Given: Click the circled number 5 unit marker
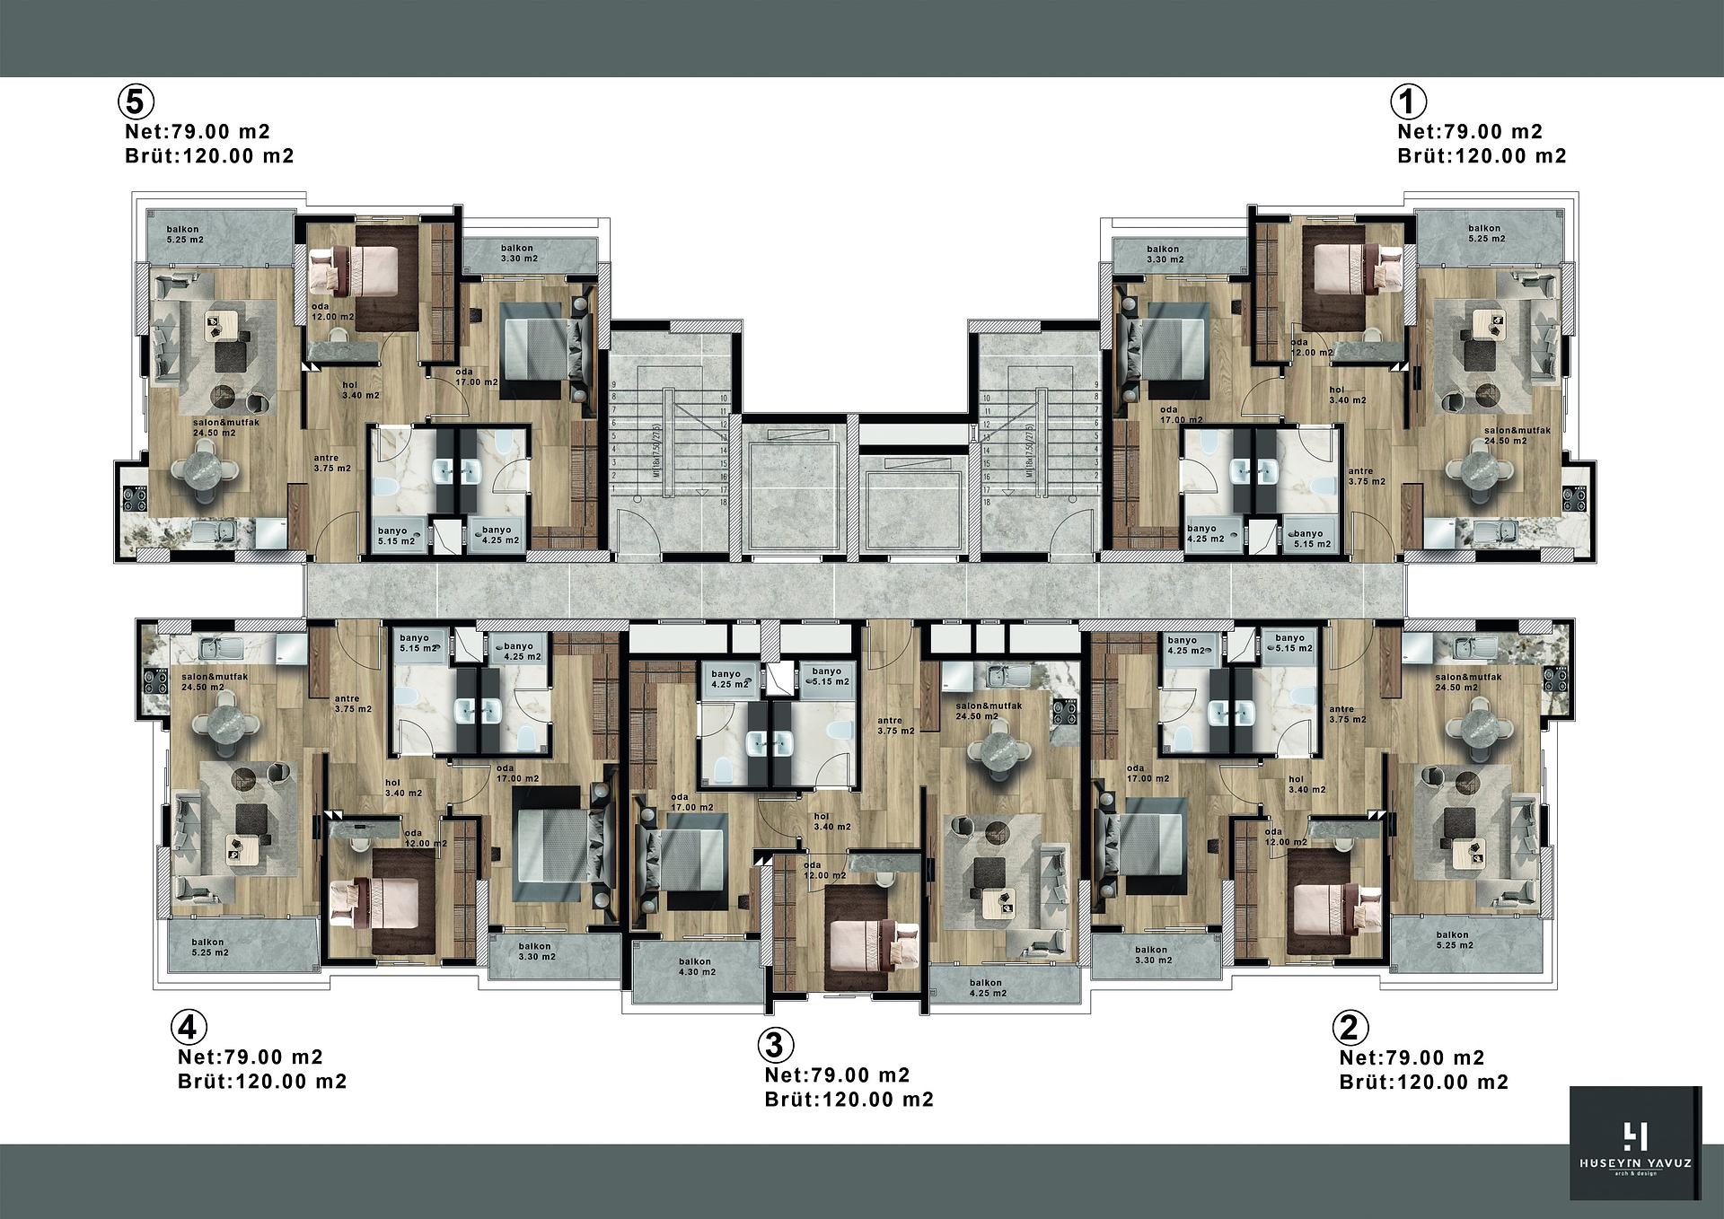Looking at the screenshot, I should tap(134, 101).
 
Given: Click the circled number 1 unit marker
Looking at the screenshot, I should tap(1408, 101).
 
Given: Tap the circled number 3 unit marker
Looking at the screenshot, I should tap(775, 1044).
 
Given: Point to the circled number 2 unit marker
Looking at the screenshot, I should tap(1352, 1026).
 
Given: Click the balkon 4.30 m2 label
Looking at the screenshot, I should tap(696, 967).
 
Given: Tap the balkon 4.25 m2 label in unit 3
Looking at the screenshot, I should tap(986, 988).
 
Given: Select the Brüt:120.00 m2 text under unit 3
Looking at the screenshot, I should tap(849, 1100).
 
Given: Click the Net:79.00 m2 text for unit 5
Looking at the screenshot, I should tap(198, 132).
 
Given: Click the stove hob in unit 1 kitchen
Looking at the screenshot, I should tap(1573, 498).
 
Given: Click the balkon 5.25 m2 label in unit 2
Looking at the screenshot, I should tap(1452, 940).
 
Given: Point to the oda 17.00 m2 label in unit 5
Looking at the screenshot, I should tap(476, 376).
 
